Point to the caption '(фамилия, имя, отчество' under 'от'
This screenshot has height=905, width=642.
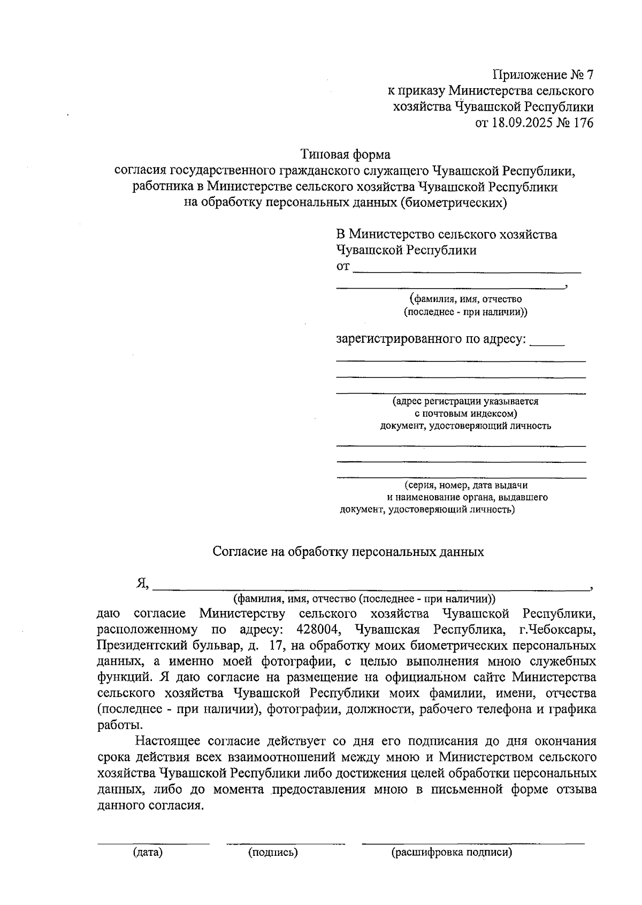click(465, 299)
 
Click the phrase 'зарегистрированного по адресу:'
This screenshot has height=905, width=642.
click(431, 339)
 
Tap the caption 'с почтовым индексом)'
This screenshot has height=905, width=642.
click(465, 414)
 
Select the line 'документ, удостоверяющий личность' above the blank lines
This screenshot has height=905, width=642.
click(465, 426)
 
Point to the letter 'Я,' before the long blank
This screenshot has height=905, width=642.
click(143, 584)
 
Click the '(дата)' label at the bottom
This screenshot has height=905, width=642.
click(148, 853)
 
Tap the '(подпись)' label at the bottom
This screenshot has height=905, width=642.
click(273, 853)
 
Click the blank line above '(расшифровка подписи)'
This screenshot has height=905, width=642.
click(473, 844)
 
